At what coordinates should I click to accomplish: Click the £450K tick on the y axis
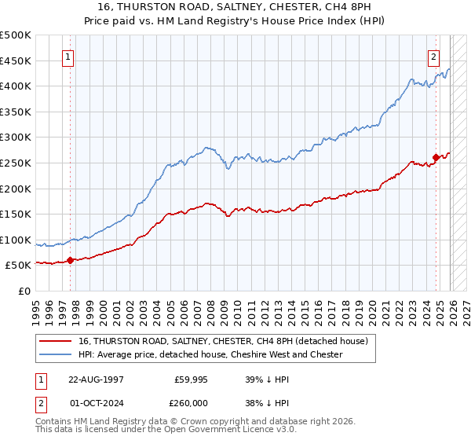[x=16, y=60]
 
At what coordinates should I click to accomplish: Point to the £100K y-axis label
[x=16, y=240]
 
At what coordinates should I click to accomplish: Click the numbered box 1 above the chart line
[x=69, y=57]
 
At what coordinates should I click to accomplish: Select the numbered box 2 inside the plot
[x=433, y=57]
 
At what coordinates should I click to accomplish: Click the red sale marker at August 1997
[x=70, y=260]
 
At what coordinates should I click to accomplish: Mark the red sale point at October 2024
[x=436, y=157]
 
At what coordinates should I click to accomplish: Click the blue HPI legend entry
[x=210, y=354]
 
